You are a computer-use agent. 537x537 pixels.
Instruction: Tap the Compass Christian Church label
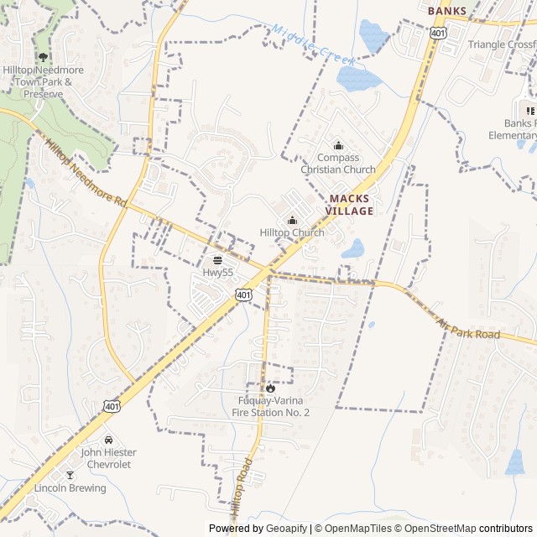point(338,164)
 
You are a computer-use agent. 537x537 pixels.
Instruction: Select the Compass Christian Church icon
point(338,145)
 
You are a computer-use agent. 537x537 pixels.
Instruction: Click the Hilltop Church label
point(292,232)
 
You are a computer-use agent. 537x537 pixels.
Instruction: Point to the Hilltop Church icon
point(292,220)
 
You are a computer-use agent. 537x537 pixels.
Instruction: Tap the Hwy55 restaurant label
point(217,273)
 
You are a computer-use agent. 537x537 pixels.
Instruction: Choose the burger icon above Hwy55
point(217,260)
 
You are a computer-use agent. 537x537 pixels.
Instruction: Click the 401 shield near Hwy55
point(242,295)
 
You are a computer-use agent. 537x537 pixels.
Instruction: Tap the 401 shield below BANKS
point(437,32)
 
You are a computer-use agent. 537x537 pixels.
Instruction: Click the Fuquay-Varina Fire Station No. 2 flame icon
point(270,388)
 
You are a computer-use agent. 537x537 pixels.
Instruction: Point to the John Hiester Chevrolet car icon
point(107,440)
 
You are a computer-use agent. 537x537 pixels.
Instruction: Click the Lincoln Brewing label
point(70,488)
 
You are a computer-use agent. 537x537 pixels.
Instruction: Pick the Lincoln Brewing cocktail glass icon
point(70,476)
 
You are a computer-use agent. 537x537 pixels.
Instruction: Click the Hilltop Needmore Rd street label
point(86,175)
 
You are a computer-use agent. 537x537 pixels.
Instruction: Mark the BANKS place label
point(446,11)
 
